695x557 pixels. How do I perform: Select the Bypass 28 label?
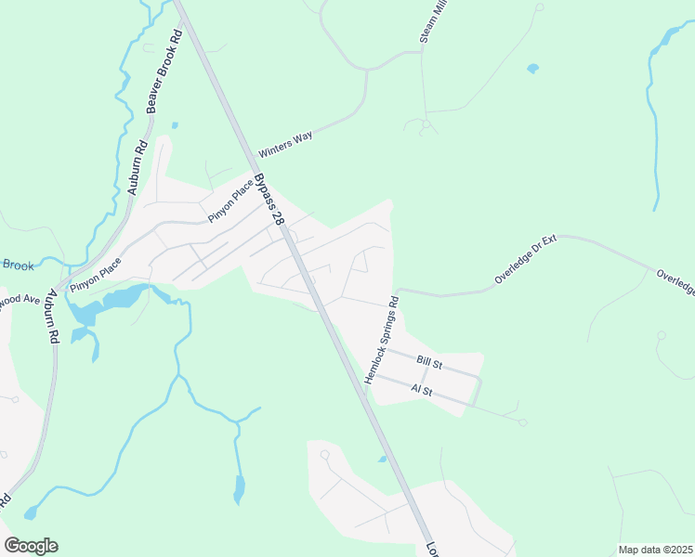271,199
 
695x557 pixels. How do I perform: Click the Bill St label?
430,360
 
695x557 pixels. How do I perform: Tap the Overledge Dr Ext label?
525,260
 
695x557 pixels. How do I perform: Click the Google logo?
31,546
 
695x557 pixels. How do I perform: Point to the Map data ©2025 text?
655,550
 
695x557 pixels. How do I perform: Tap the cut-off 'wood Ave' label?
19,301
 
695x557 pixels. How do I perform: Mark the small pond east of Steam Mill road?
532,68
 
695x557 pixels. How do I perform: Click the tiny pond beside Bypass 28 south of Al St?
382,459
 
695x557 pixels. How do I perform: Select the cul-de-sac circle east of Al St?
523,422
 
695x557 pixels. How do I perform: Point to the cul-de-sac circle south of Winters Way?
426,123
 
